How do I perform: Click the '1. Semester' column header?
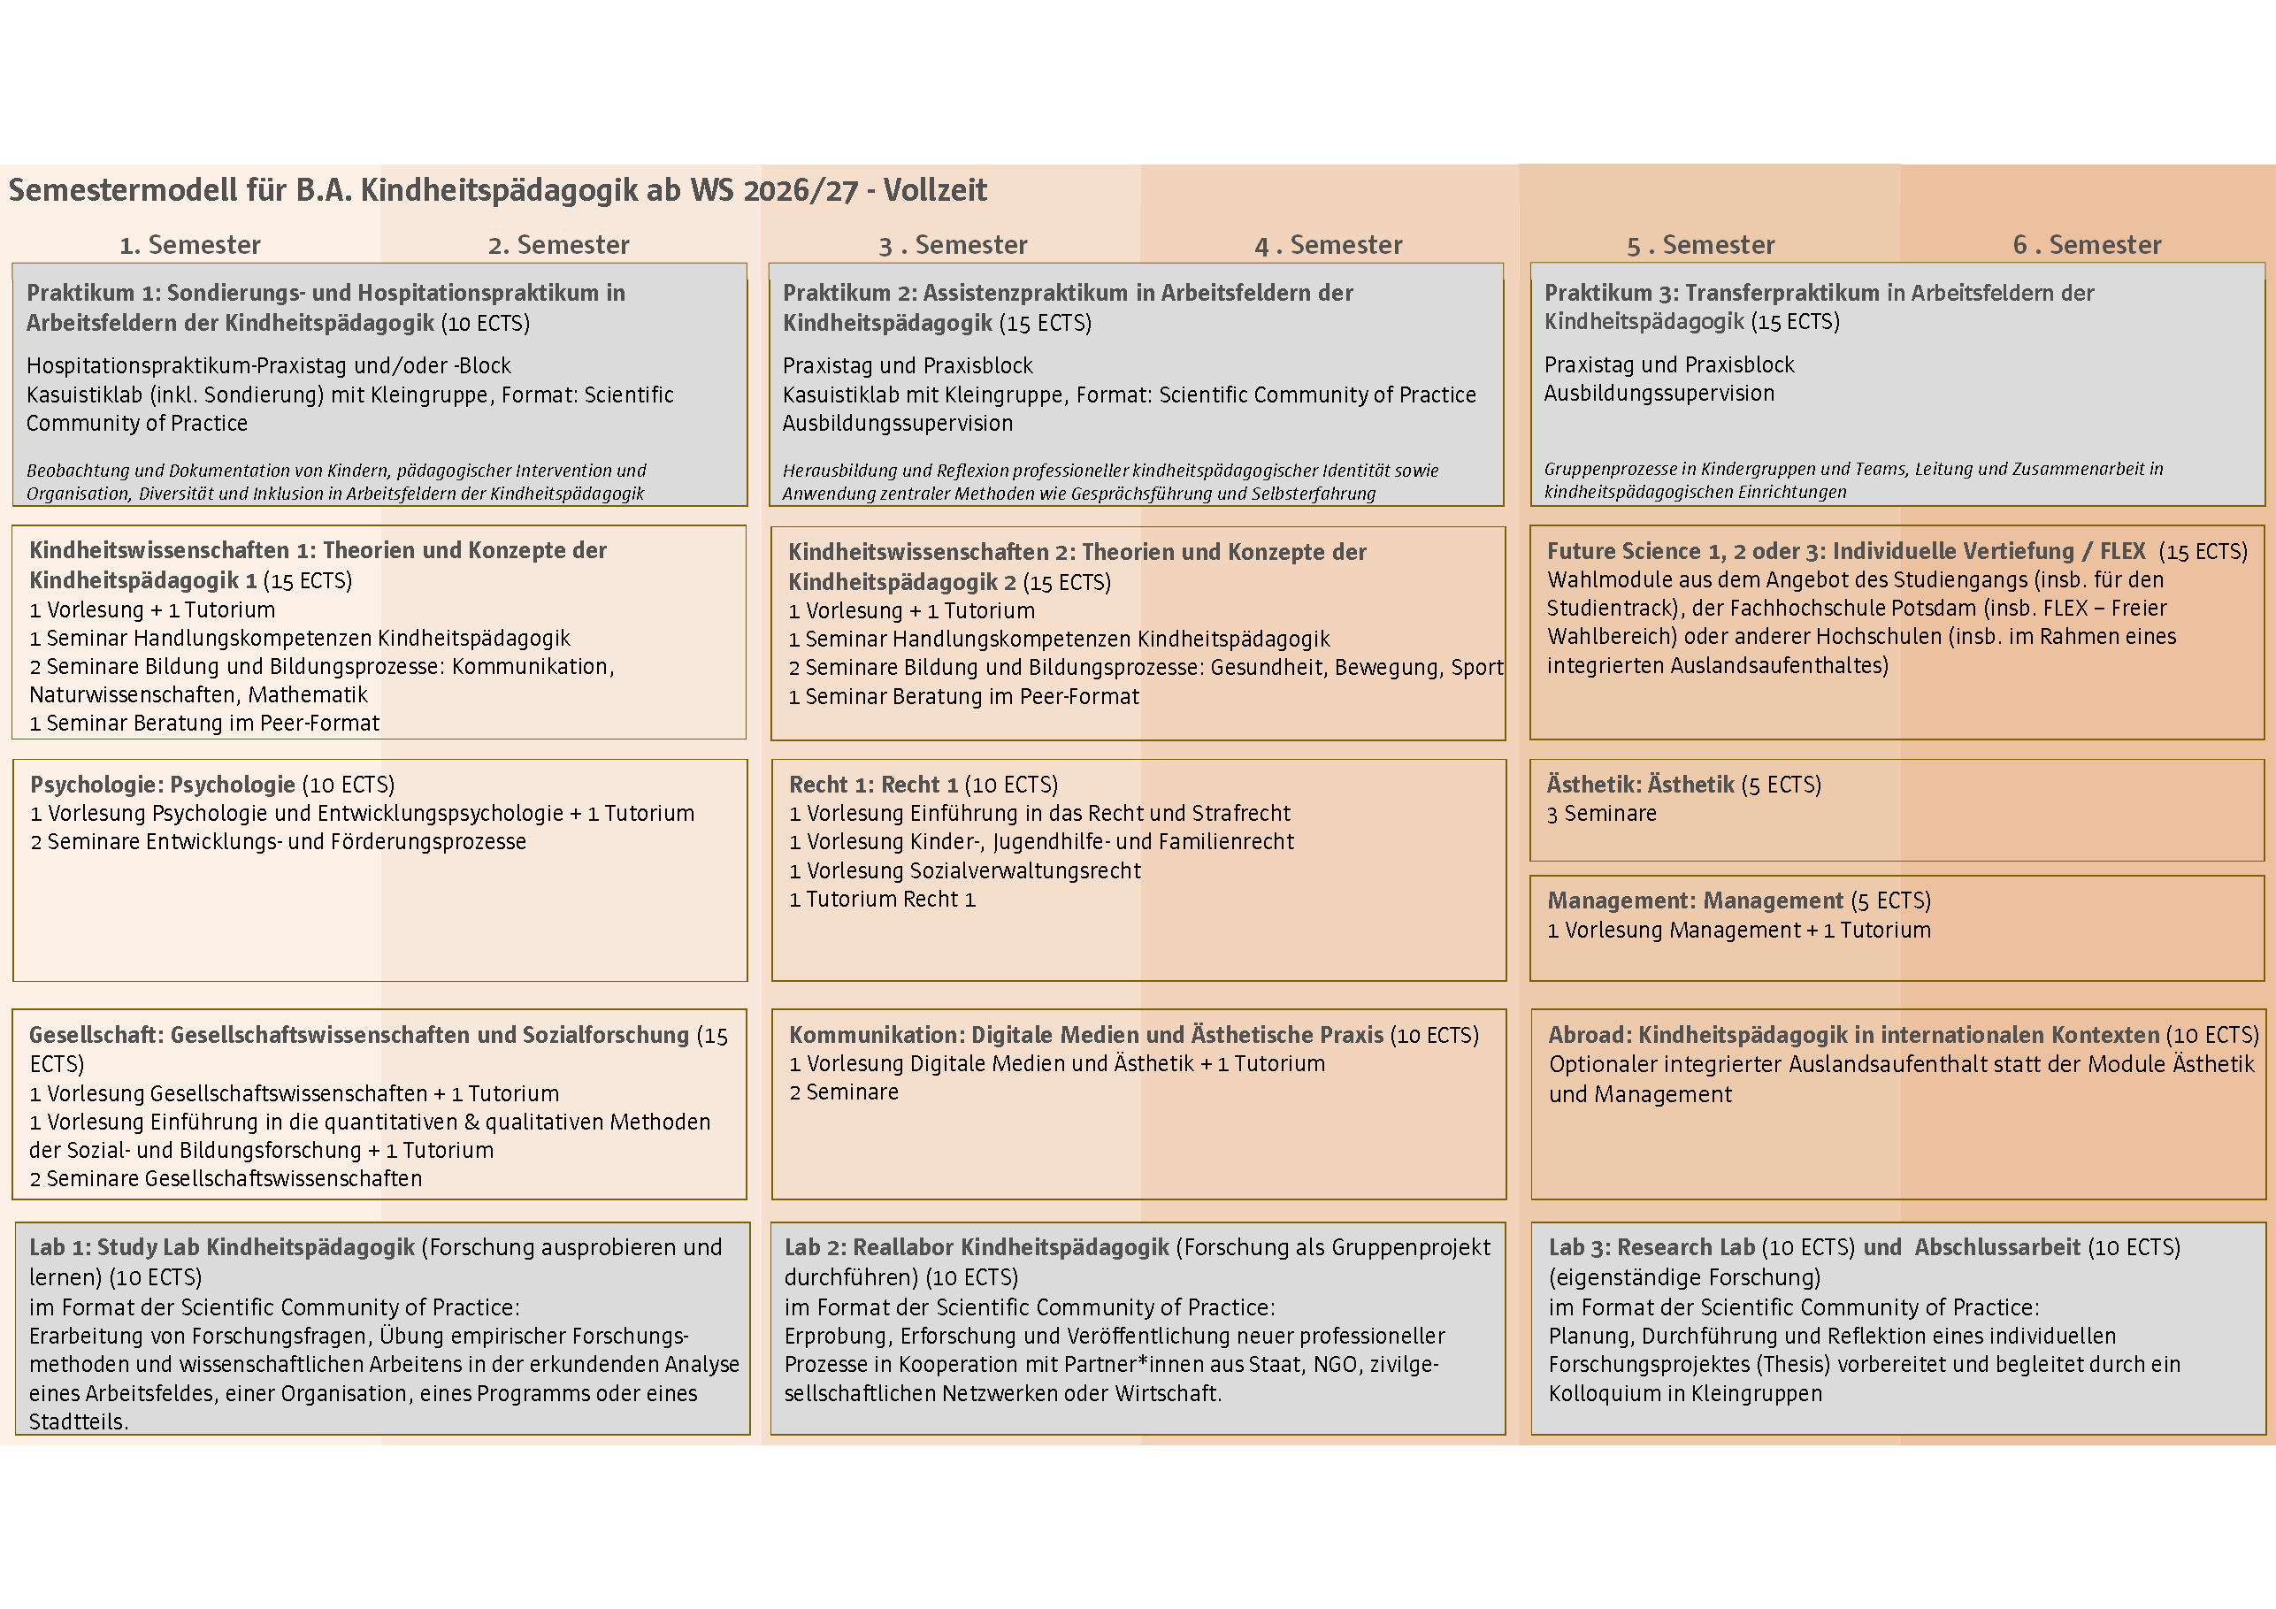coord(189,245)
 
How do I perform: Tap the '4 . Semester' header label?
coord(1329,245)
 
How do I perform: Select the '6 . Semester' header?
coord(2087,245)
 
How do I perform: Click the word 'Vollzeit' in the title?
coord(935,190)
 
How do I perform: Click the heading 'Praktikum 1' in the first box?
coord(91,294)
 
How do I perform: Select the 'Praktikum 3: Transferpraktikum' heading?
coord(1711,294)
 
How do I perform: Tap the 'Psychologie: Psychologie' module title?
coord(163,785)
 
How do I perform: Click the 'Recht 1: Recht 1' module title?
coord(873,785)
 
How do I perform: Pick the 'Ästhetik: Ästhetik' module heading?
coord(1640,785)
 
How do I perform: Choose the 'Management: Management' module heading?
coord(1695,901)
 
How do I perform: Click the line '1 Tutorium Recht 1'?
coord(882,900)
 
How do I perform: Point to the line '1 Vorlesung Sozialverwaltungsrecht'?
coord(964,871)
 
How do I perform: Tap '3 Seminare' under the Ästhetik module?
coord(1601,814)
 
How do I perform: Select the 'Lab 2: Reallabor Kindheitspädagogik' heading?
coord(977,1248)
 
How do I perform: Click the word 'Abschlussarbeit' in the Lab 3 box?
coord(1996,1248)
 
